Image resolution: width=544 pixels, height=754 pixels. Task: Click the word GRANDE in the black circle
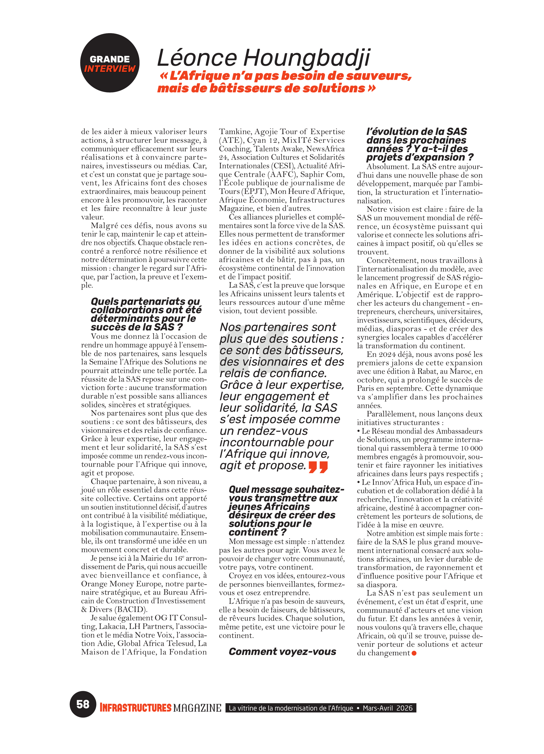click(x=109, y=59)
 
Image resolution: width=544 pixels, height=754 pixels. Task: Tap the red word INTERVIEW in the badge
click(x=109, y=69)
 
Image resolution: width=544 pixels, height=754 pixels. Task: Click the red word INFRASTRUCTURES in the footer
click(x=136, y=708)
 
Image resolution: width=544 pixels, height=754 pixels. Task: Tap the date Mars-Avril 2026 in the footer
click(x=387, y=708)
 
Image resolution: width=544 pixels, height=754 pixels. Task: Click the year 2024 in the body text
click(x=389, y=354)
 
